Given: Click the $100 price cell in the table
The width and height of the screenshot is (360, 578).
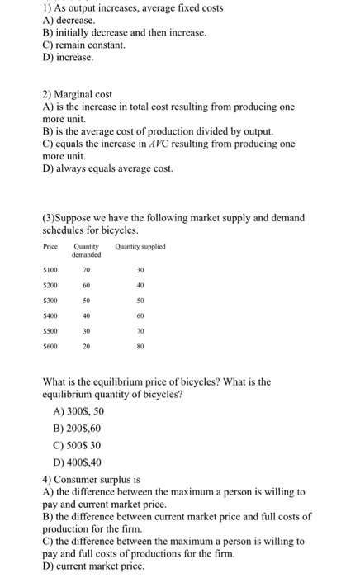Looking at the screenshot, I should pos(50,268).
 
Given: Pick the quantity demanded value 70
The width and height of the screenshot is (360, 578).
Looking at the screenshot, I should pos(86,268).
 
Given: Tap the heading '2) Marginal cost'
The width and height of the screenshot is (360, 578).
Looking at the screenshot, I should pos(76,94).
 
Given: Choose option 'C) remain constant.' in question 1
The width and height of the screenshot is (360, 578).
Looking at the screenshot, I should pos(83,45).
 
